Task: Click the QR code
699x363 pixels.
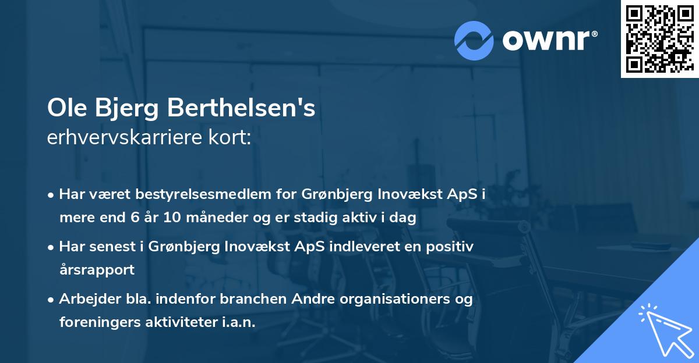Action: pos(659,39)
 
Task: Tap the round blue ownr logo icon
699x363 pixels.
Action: pos(474,40)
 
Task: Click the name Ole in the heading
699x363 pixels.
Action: pos(65,109)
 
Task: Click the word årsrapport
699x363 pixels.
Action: pos(97,270)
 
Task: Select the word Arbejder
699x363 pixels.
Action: pos(87,298)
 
